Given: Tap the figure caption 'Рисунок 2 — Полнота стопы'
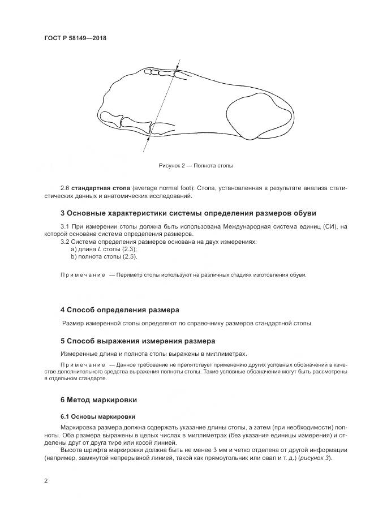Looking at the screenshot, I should click(196, 166).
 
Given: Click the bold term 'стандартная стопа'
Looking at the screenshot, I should click(98, 187).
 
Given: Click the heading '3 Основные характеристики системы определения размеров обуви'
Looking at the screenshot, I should click(188, 213).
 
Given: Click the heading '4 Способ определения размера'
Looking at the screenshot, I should click(119, 310).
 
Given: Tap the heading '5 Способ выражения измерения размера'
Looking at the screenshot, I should click(137, 341).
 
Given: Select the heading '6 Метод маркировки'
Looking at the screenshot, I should click(98, 399).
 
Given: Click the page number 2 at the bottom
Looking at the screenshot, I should click(46, 481).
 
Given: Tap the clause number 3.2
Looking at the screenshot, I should click(65, 242).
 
